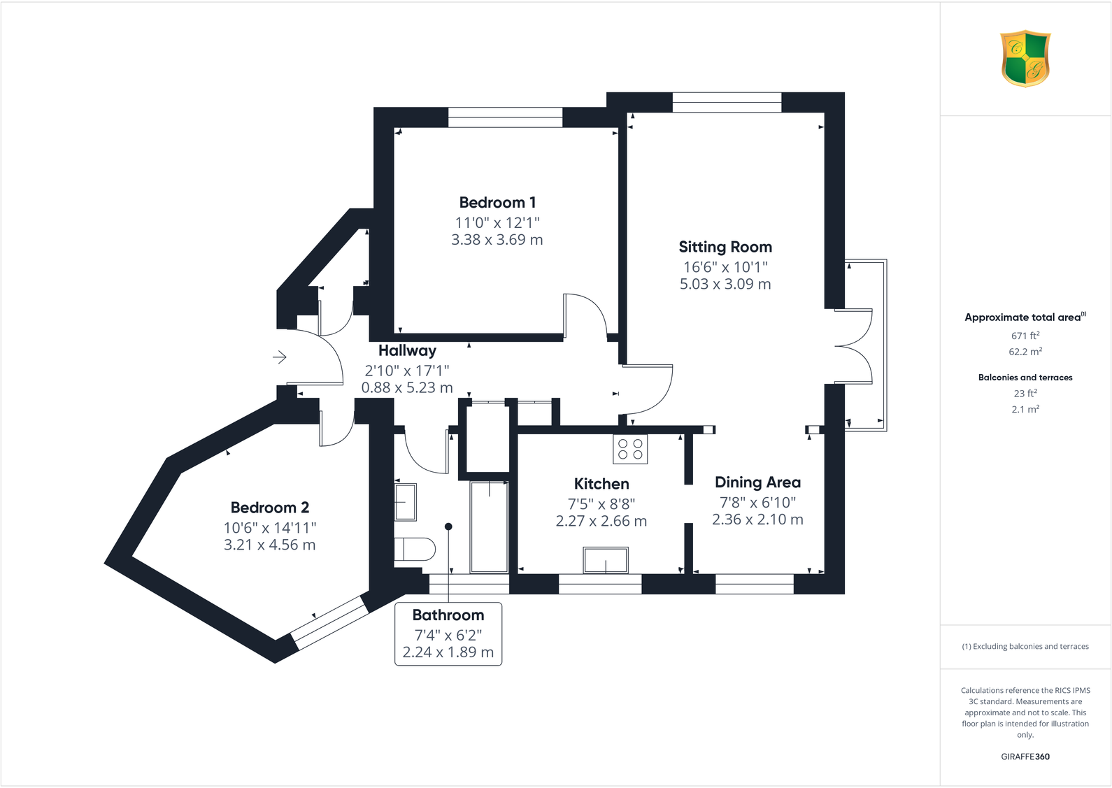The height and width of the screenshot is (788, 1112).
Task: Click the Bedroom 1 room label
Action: pyautogui.click(x=497, y=203)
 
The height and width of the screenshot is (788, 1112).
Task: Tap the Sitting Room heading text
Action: pyautogui.click(x=725, y=247)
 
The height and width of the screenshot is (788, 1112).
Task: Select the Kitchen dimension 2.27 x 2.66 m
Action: pyautogui.click(x=601, y=521)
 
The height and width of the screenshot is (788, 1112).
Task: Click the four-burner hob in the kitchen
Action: pyautogui.click(x=630, y=449)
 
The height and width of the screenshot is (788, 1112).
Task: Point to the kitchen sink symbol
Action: pyautogui.click(x=606, y=561)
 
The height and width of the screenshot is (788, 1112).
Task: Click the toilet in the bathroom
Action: pyautogui.click(x=414, y=549)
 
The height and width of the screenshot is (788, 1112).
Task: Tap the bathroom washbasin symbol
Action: pyautogui.click(x=406, y=502)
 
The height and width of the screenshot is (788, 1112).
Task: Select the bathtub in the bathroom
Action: pyautogui.click(x=489, y=526)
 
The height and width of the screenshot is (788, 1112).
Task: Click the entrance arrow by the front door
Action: pyautogui.click(x=279, y=357)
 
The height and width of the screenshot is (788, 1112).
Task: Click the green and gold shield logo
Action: pyautogui.click(x=1025, y=59)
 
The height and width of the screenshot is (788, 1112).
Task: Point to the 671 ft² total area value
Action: pyautogui.click(x=1025, y=336)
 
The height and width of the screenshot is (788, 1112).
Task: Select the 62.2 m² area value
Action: pyautogui.click(x=1025, y=352)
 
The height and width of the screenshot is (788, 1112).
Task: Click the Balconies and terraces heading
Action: pyautogui.click(x=1025, y=378)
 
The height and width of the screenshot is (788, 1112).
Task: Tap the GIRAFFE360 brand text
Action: pyautogui.click(x=1025, y=757)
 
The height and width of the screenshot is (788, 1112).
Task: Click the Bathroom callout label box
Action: pyautogui.click(x=448, y=633)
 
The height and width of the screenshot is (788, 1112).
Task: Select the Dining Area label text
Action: pyautogui.click(x=757, y=482)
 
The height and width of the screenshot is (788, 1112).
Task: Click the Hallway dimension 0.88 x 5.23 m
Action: pyautogui.click(x=407, y=387)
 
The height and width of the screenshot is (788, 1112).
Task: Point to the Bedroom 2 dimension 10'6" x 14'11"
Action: pyautogui.click(x=270, y=528)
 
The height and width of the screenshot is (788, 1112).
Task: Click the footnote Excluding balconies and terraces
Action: pyautogui.click(x=1025, y=647)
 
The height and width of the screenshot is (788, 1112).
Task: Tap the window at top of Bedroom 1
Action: pyautogui.click(x=505, y=117)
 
